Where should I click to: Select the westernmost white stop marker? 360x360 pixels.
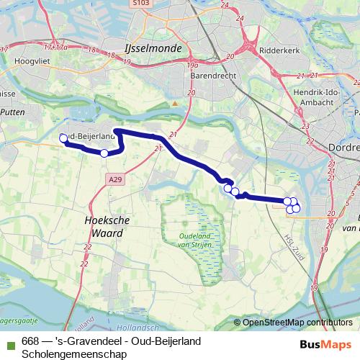coord(63,138)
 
